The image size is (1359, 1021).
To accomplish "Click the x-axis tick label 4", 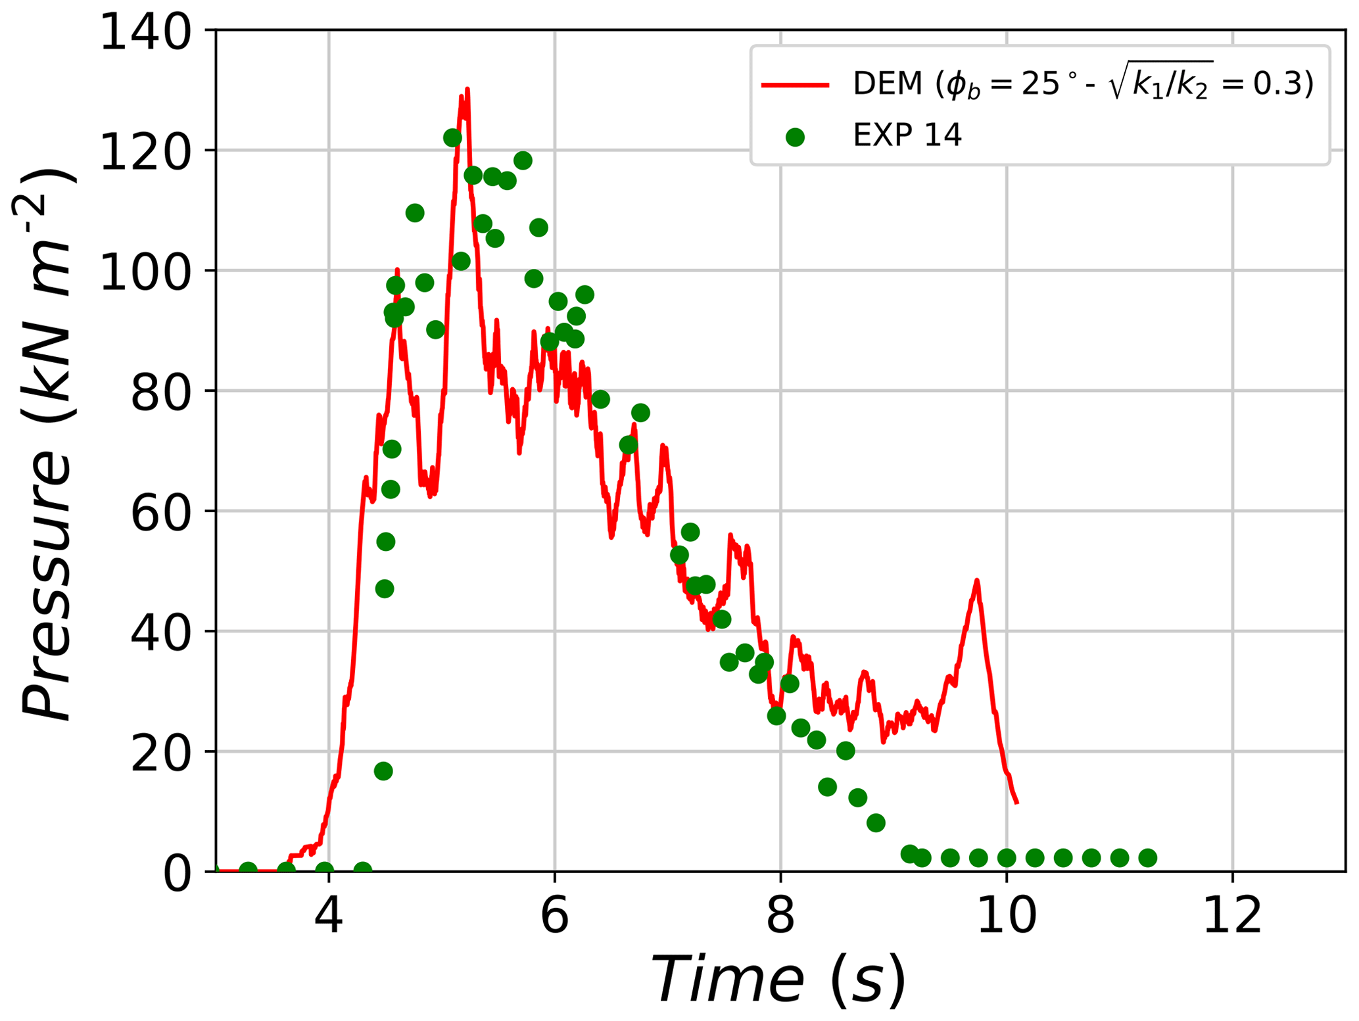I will [328, 916].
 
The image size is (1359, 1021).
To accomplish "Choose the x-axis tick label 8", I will [780, 916].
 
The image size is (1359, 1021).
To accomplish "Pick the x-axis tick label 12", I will [1232, 916].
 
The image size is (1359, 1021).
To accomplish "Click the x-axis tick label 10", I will [1006, 916].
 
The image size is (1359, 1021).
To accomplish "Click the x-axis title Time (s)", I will [779, 980].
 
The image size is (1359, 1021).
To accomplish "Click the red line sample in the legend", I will [795, 85].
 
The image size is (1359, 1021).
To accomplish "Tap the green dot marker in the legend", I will [795, 137].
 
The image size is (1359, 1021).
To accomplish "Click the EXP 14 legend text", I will [907, 136].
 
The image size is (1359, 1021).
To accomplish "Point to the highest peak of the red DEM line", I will [467, 89].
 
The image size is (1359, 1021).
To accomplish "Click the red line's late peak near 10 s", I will [976, 581].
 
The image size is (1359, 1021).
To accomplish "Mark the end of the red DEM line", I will [1016, 802].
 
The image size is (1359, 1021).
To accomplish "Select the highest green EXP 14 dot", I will [452, 138].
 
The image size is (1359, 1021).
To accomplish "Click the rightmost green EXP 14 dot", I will [1147, 858].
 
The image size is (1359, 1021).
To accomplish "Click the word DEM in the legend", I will [888, 84].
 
